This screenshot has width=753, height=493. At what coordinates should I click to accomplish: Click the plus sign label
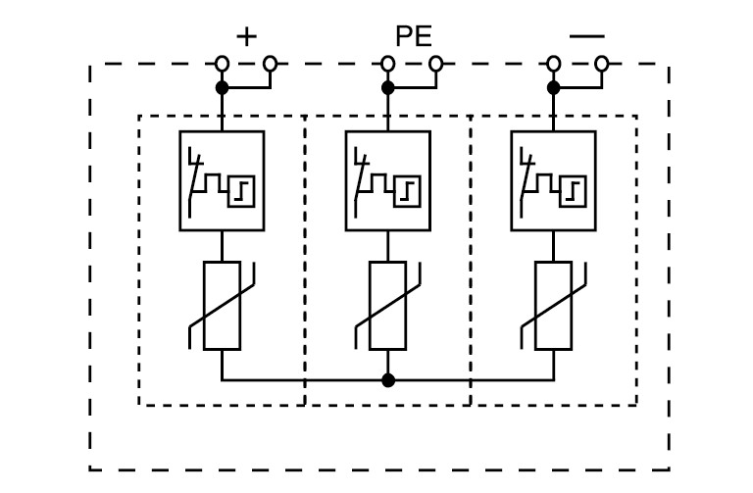246,37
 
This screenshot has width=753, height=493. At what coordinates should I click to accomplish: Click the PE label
413,37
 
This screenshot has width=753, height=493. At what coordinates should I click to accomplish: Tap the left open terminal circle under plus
223,65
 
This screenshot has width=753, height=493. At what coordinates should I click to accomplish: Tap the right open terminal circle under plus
271,65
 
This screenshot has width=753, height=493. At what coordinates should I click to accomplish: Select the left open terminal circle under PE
388,65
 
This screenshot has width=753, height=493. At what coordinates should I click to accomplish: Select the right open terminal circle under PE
436,65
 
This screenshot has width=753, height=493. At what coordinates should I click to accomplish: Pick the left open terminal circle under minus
554,65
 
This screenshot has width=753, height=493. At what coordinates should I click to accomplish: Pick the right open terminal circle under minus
602,65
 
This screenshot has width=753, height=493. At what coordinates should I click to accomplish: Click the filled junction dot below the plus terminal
223,88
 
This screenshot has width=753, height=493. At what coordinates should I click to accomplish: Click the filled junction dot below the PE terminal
388,88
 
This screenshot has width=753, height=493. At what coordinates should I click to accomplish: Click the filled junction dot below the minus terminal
554,88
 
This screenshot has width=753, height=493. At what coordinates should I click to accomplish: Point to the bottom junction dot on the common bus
388,379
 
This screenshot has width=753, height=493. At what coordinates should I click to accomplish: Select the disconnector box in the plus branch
222,180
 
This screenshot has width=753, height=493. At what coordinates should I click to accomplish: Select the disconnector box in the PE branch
387,180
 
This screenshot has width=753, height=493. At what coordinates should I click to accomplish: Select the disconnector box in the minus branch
553,180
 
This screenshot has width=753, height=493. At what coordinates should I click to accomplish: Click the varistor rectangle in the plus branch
222,306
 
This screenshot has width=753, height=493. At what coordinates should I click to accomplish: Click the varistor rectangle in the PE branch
387,306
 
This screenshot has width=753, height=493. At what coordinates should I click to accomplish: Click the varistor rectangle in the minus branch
553,306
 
